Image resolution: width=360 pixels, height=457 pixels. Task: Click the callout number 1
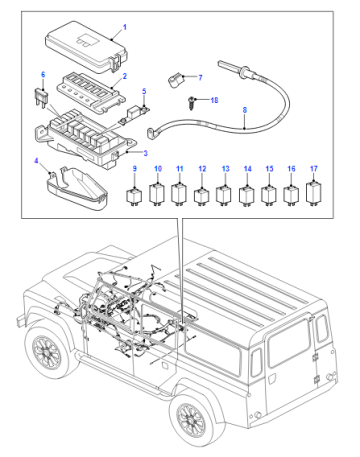pos(125,27)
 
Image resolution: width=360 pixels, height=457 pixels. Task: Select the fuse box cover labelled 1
pos(86,47)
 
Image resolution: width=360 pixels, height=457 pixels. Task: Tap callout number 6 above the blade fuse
pos(43,75)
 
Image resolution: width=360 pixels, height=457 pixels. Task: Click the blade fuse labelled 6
pos(41,98)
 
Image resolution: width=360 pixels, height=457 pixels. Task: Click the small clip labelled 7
pos(176,80)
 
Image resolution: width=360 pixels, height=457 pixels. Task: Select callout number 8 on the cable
pos(245,110)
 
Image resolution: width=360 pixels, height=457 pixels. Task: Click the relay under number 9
pos(134,196)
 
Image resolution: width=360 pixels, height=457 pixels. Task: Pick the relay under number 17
pos(314,193)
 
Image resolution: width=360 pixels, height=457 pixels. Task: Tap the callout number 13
pos(226,169)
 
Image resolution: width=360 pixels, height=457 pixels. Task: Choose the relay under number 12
pos(202,196)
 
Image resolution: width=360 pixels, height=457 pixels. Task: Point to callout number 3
pos(145,153)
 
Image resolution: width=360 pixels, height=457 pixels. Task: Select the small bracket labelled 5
pos(134,114)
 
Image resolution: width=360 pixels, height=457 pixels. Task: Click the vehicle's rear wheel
pos(191,419)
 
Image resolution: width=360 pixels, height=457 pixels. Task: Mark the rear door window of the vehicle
pos(289,343)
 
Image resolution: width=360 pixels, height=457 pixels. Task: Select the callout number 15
pos(269,169)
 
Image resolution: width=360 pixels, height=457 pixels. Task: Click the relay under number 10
pos(157,193)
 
